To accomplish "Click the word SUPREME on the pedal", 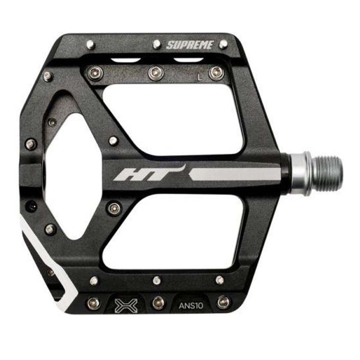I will [190, 45].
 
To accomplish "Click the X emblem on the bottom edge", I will [124, 305].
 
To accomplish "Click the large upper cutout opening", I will [173, 119].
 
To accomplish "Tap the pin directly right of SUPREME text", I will [224, 44].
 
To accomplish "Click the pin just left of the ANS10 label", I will [158, 302].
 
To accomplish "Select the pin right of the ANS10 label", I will [223, 302].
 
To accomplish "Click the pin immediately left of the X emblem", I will [94, 303].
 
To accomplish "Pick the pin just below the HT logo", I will [114, 208].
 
